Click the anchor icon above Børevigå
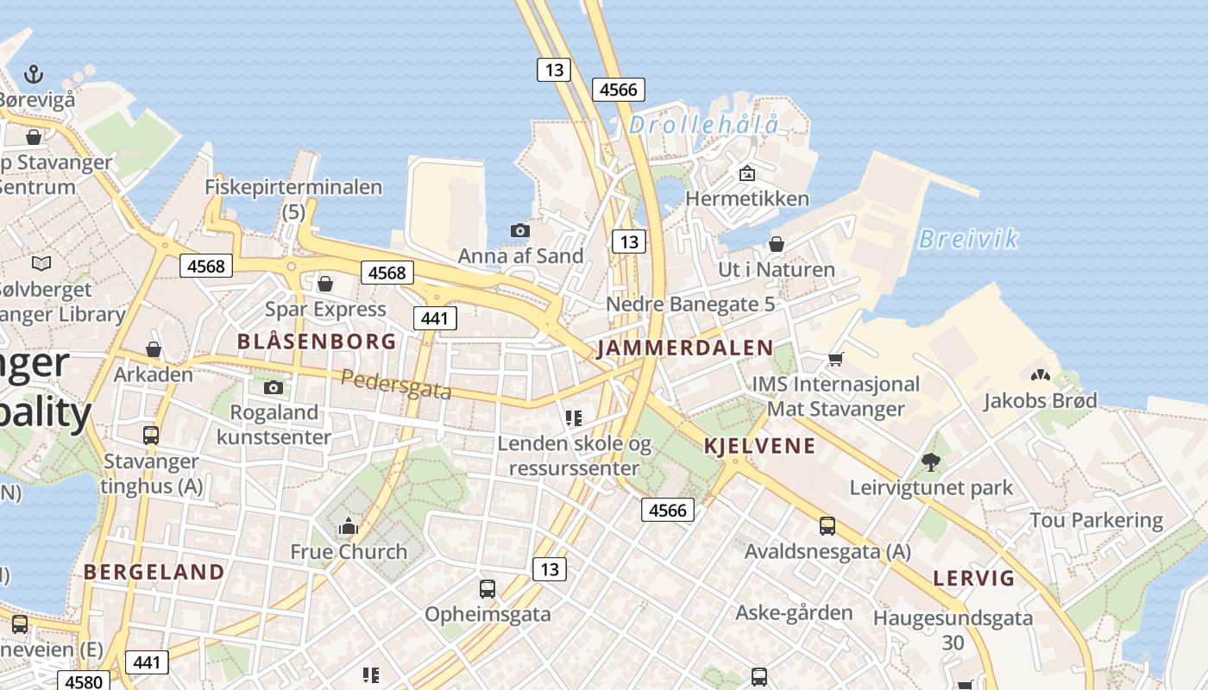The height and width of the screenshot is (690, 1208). coord(33,74)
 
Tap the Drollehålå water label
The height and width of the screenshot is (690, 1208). coord(703,125)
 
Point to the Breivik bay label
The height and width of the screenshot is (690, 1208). coord(968,239)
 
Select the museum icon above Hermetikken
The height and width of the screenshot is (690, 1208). coord(747,173)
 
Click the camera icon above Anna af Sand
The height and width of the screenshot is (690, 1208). coord(519,230)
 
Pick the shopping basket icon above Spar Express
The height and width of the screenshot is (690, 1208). coord(325,283)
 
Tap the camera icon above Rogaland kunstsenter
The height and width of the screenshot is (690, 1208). coord(274,387)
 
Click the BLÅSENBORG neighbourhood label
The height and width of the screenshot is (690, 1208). coord(317,342)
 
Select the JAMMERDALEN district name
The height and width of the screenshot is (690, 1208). coord(685,348)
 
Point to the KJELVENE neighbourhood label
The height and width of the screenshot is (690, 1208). coord(759,446)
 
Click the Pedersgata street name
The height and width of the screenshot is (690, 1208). coord(396,385)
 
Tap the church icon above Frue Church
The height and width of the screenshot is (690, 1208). coord(348,525)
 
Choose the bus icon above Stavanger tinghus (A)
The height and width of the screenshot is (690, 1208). coord(151,436)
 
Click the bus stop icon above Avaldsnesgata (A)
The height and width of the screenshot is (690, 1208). coord(827,525)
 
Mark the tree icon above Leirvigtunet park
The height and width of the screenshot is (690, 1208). coord(930,461)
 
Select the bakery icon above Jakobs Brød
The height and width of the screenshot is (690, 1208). coord(1040,375)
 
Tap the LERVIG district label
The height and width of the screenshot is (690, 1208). coord(974,578)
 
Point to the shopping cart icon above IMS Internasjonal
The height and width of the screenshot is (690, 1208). coord(834,358)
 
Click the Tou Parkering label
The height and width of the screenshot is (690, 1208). coord(1096,521)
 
